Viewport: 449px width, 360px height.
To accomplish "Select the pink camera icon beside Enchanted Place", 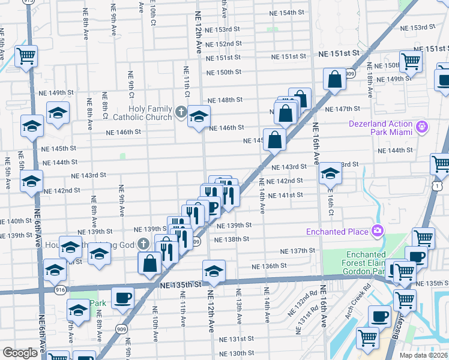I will pyautogui.click(x=377, y=230).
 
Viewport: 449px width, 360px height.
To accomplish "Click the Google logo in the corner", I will pyautogui.click(x=20, y=352).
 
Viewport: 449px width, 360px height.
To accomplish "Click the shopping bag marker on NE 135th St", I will pyautogui.click(x=149, y=263).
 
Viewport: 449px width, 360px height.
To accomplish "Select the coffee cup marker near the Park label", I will pyautogui.click(x=122, y=297).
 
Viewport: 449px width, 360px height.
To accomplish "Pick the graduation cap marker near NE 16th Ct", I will pyautogui.click(x=330, y=173).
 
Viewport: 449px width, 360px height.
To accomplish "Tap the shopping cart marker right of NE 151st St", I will pyautogui.click(x=411, y=61).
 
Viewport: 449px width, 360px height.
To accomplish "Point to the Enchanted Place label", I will pyautogui.click(x=337, y=231).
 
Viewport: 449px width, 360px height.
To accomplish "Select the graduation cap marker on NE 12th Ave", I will pyautogui.click(x=213, y=270).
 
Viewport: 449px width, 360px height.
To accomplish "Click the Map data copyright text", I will pyautogui.click(x=424, y=355).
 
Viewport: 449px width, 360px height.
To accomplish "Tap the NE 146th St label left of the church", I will pyautogui.click(x=124, y=132).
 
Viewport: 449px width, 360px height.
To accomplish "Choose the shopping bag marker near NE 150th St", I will pyautogui.click(x=334, y=79).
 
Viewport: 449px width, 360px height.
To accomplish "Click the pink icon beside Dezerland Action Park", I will pyautogui.click(x=422, y=127).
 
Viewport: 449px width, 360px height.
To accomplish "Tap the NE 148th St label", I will pyautogui.click(x=225, y=100).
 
